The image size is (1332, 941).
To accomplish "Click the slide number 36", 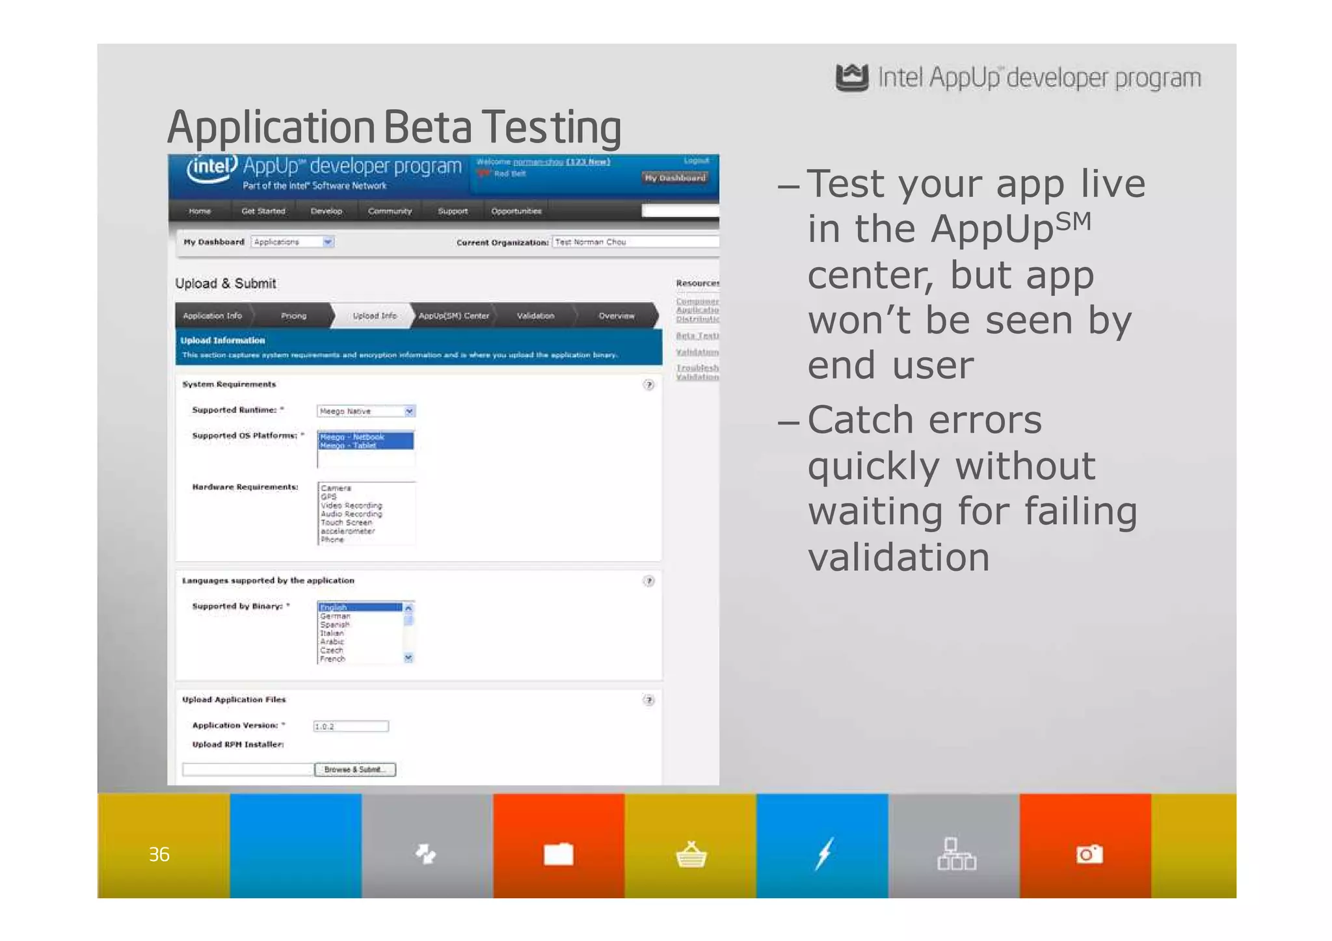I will pos(159,854).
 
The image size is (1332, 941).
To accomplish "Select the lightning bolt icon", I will pos(824,853).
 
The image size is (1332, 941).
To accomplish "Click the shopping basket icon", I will pos(691,854).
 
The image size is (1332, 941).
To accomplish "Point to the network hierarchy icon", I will pos(956,854).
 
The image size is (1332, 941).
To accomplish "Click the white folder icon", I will pos(559,854).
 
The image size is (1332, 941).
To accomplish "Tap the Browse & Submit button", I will pos(355,769).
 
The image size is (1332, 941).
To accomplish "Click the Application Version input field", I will pos(351,726).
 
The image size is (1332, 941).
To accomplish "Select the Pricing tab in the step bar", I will pos(293,315).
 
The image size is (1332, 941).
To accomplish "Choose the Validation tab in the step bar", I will pos(535,315).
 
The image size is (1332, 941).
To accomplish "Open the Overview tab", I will pos(616,315).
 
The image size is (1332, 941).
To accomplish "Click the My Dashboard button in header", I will pos(675,178).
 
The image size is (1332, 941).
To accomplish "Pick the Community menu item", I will pos(390,211).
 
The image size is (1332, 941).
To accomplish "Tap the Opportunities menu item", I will pos(516,211).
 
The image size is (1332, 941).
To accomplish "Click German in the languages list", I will pos(336,616).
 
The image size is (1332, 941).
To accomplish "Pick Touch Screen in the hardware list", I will pos(346,522).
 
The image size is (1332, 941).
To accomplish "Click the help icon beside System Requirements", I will pos(648,384).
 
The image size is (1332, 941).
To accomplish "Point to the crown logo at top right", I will pos(851,78).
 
